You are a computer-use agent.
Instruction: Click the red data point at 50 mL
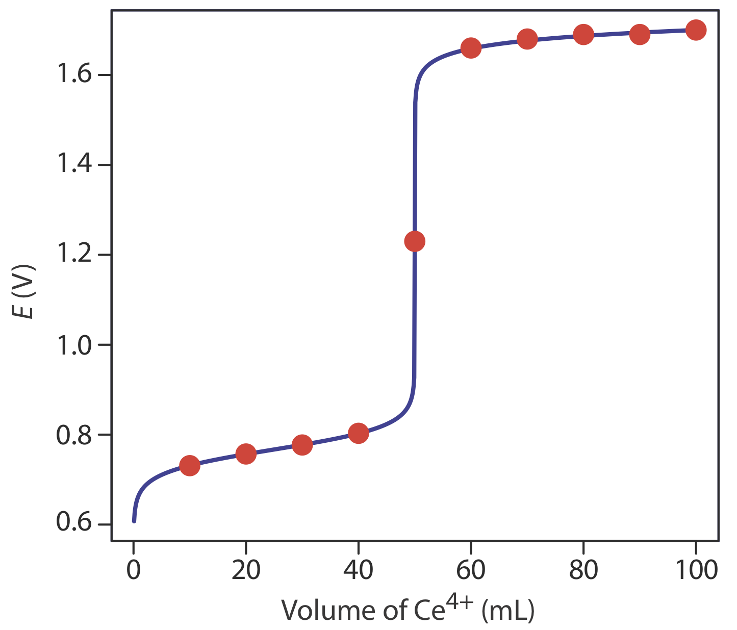415,241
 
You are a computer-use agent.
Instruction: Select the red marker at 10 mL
190,465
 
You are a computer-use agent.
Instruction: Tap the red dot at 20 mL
246,453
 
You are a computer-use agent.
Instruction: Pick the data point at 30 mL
302,445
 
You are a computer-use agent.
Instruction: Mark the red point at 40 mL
359,433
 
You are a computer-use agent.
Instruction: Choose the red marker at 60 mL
471,48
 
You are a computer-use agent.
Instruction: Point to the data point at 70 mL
527,39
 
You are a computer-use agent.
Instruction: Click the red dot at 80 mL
583,35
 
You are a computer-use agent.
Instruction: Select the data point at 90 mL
640,35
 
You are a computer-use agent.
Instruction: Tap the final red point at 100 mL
696,30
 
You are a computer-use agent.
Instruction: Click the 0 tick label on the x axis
134,569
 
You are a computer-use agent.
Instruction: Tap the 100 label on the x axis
696,569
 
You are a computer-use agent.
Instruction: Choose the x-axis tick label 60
471,569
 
